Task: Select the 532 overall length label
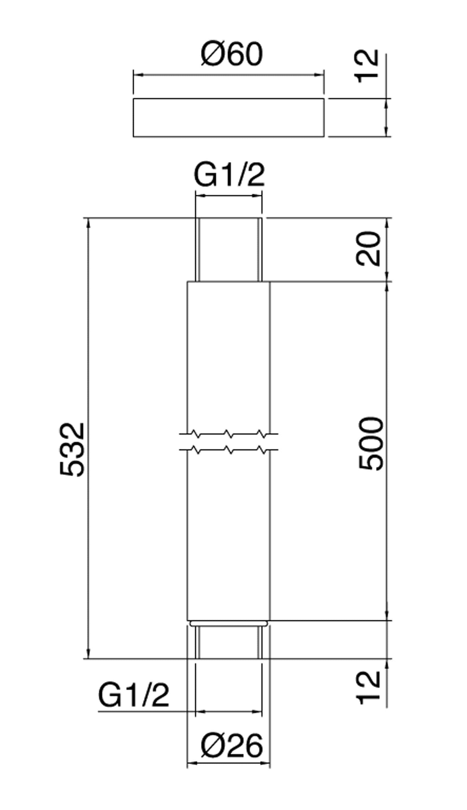click(72, 449)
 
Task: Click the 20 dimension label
click(368, 249)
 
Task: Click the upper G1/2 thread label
click(229, 175)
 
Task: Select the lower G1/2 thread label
click(133, 694)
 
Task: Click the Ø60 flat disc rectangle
click(228, 118)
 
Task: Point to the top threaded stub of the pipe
click(229, 250)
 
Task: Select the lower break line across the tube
click(229, 449)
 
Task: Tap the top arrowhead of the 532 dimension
click(89, 223)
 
